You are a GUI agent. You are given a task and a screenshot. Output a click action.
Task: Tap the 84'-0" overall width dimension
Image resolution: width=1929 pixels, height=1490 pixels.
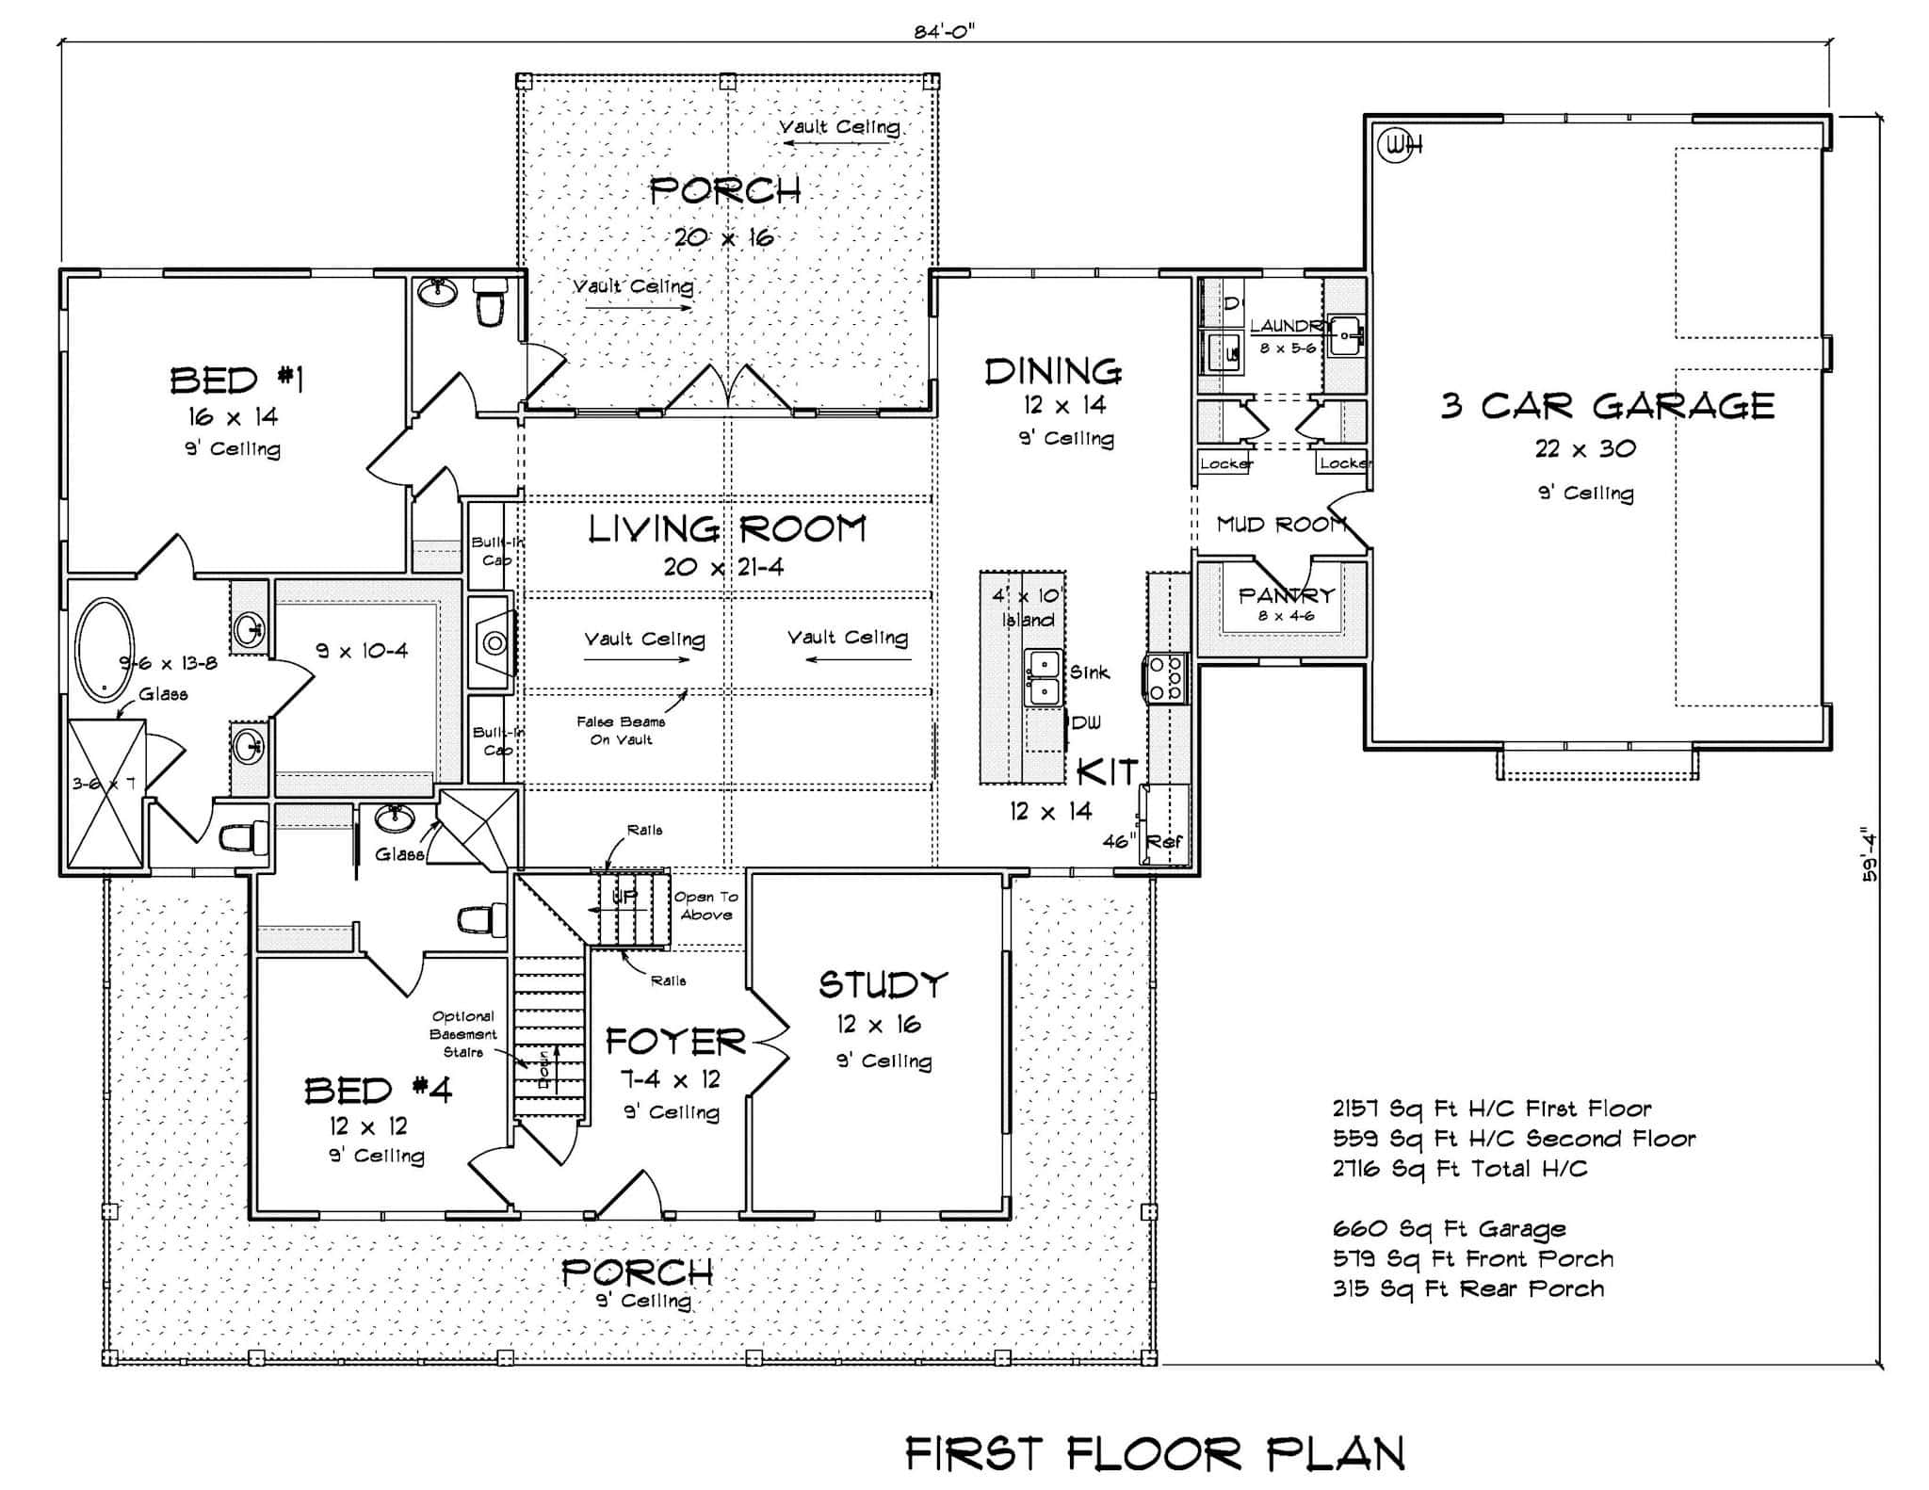tap(943, 30)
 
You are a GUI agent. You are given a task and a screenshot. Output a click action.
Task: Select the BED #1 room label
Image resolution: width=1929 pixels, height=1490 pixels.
tap(236, 381)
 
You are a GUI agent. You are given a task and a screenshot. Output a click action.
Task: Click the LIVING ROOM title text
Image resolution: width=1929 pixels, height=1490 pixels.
tap(726, 529)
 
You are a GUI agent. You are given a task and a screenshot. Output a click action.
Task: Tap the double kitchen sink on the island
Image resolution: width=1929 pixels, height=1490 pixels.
tap(1043, 677)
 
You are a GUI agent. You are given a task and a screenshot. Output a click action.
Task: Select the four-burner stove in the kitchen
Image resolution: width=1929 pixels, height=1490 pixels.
tap(1166, 678)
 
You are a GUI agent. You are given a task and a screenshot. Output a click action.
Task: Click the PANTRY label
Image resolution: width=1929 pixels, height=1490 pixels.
tap(1286, 595)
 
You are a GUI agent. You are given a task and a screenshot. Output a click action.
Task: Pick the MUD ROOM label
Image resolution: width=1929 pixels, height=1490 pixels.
tap(1279, 525)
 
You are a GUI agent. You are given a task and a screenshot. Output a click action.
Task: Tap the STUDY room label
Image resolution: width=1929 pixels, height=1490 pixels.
tap(882, 985)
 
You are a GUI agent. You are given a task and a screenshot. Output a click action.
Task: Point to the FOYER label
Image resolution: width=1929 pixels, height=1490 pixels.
tap(675, 1042)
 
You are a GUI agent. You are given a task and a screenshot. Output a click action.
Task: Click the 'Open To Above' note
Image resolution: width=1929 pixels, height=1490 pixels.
tap(705, 905)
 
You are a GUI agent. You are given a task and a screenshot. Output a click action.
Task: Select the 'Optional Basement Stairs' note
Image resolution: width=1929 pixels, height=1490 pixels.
tap(462, 1034)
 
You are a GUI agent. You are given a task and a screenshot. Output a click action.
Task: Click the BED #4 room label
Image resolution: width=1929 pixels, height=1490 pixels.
tap(378, 1091)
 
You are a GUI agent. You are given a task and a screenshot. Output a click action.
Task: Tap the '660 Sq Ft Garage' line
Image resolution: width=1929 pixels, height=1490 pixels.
tap(1449, 1228)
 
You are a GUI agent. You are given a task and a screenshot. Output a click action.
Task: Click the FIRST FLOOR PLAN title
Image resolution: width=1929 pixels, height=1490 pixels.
tap(1154, 1453)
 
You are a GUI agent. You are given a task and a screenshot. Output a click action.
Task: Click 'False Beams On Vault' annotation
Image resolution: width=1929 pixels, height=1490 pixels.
tap(621, 730)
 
